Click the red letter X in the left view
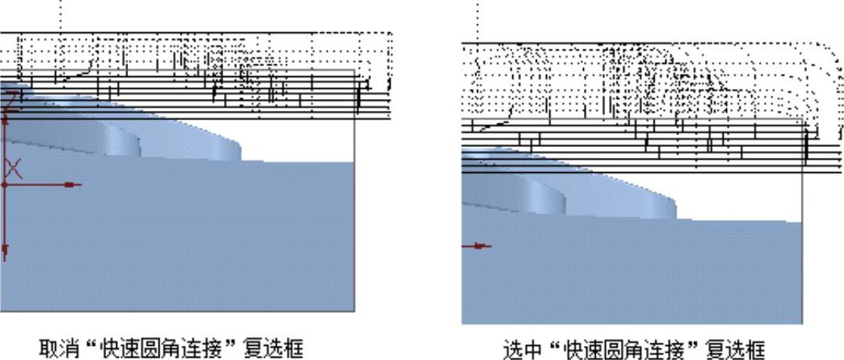[13, 168]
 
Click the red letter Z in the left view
[11, 100]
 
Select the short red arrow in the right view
[477, 246]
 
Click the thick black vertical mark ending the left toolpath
[358, 97]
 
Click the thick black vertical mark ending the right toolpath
[806, 147]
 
